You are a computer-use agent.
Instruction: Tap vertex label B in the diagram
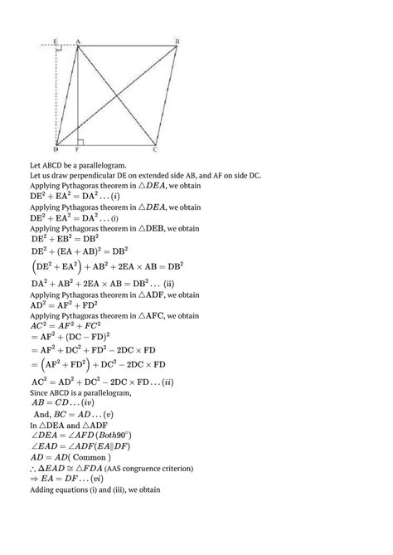pyautogui.click(x=177, y=41)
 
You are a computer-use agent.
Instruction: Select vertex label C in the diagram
pyautogui.click(x=156, y=149)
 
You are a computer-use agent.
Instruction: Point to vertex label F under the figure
pyautogui.click(x=77, y=150)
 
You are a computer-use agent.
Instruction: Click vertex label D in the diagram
pyautogui.click(x=55, y=149)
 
